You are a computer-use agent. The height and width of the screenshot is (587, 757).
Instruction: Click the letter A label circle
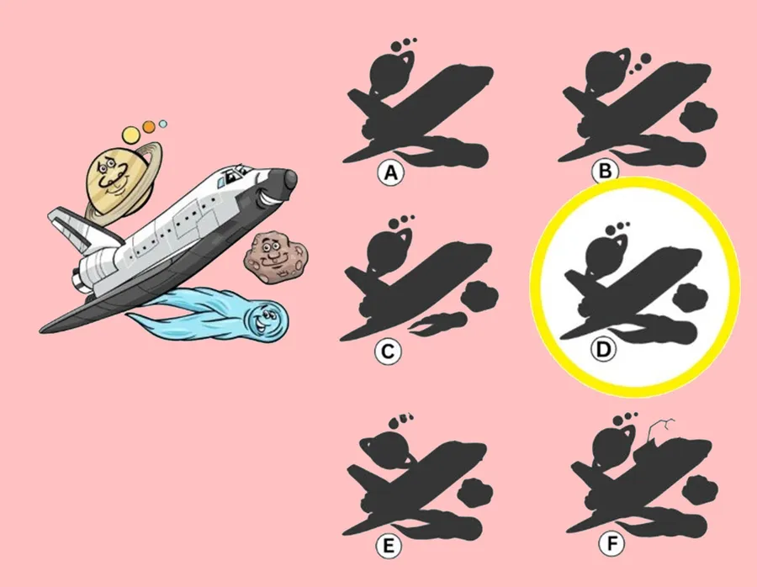click(x=390, y=172)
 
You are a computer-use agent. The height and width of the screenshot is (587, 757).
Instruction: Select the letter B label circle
click(x=605, y=172)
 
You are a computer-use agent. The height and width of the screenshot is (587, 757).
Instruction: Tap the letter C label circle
click(x=388, y=352)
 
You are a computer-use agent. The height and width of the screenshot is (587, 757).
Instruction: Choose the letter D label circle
click(x=603, y=349)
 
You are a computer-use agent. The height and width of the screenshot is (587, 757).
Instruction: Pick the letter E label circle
click(x=389, y=546)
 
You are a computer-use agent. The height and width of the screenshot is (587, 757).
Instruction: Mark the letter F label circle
click(x=611, y=544)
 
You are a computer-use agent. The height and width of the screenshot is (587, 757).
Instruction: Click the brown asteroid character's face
click(x=274, y=256)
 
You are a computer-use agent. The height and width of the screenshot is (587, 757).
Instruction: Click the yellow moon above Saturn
click(x=131, y=135)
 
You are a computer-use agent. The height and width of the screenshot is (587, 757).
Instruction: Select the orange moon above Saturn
click(x=149, y=126)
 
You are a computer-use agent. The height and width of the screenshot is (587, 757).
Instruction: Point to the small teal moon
click(x=162, y=124)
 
